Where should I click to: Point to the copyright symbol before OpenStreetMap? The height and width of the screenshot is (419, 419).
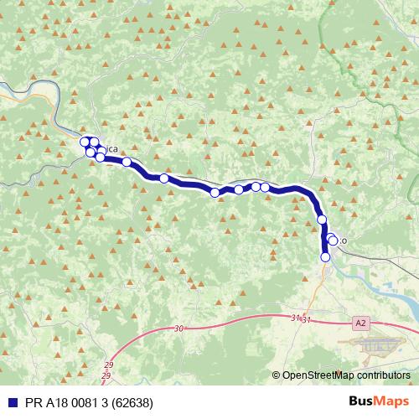(x=276, y=375)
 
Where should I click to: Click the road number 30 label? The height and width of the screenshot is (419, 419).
(x=178, y=329)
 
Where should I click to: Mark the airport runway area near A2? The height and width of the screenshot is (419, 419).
(x=374, y=344)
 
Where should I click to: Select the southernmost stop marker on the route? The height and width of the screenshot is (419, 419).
(x=325, y=257)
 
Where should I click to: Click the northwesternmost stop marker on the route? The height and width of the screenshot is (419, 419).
(x=85, y=141)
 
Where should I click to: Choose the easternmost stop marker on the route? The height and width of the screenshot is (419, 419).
(x=333, y=241)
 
